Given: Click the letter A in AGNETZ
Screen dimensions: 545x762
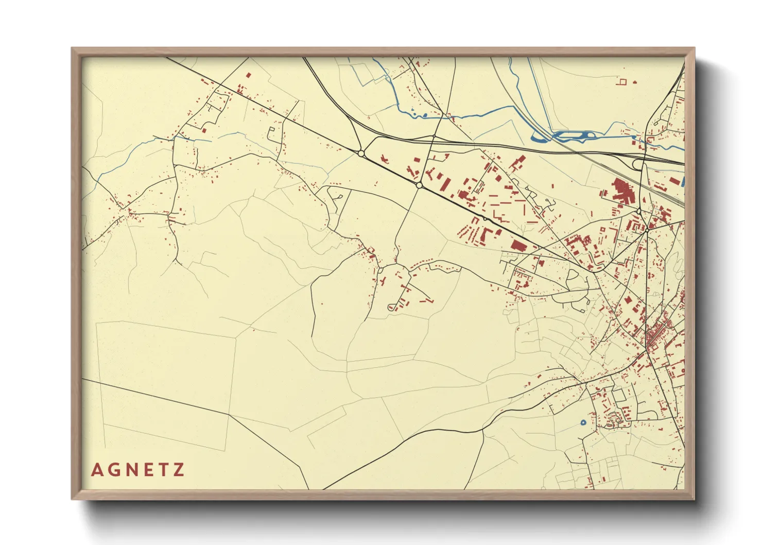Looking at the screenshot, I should (97, 470).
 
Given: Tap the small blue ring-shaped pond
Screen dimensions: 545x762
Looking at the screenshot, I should (583, 422).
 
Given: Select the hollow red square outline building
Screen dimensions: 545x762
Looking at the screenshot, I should (622, 81).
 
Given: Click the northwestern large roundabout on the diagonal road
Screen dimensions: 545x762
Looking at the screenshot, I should (361, 154).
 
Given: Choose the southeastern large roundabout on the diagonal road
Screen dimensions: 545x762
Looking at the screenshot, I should (419, 185).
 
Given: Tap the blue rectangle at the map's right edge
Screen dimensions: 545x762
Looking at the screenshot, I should (683, 181).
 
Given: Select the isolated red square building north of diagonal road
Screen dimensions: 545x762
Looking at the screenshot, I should (248, 75).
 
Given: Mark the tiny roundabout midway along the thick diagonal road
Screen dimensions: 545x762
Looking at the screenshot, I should (484, 219).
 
